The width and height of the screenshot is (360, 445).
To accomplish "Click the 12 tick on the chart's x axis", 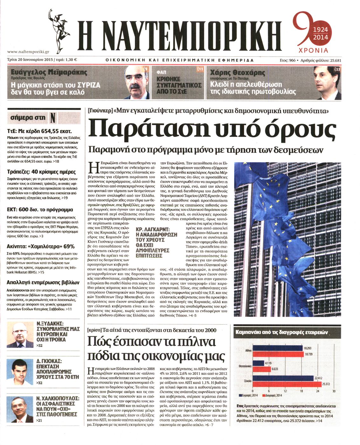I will click(285, 391).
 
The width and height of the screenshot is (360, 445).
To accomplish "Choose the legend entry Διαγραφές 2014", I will click(273, 396).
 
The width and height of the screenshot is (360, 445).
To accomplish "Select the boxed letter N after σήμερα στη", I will click(53, 117).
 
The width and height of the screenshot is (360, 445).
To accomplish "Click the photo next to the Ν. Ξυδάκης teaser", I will click(20, 335).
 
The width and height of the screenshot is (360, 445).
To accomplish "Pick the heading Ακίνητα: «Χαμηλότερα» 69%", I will click(41, 246).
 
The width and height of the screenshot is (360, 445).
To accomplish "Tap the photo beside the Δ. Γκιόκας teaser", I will click(20, 372).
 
